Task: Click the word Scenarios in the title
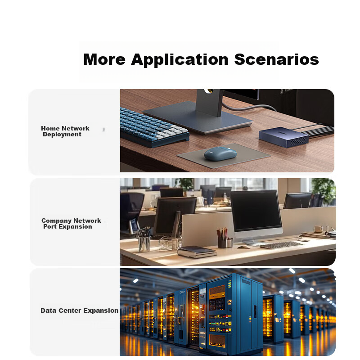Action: point(276,59)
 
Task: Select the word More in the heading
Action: point(104,59)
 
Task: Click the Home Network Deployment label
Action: point(65,131)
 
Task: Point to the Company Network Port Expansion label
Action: point(71,224)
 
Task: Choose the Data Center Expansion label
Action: point(80,310)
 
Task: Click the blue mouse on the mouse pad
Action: point(220,153)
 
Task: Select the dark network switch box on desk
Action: point(284,137)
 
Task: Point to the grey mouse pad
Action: point(223,156)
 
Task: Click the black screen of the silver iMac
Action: point(256,211)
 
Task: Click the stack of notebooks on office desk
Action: point(197,252)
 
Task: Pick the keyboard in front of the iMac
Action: point(282,245)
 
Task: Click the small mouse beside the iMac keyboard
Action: point(243,247)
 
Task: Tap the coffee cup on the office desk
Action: point(318,229)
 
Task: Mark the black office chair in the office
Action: point(131,211)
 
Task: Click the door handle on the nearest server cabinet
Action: point(255,311)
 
